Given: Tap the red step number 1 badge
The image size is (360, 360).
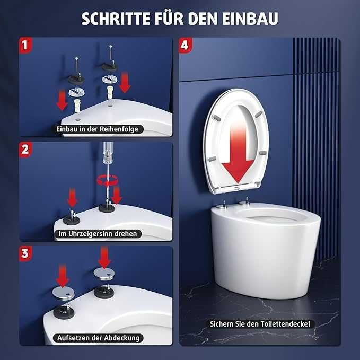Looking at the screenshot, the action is tap(25, 45).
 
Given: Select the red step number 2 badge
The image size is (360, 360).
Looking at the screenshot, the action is tap(25, 150).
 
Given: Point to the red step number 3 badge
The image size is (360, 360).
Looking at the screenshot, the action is tap(25, 254).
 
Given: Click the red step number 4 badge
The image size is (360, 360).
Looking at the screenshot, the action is tap(185, 45).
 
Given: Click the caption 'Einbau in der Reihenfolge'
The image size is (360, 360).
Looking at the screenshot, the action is tap(98, 129).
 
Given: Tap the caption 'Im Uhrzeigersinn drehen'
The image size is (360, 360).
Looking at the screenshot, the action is tap(98, 234).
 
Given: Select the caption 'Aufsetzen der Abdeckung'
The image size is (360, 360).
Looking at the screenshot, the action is tap(98, 338).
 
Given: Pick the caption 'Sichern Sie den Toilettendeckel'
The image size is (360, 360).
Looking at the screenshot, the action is tap(260, 324).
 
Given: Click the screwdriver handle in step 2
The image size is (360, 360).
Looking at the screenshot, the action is tap(108, 153).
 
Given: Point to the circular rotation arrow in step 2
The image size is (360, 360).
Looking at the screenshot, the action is tap(108, 180).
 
